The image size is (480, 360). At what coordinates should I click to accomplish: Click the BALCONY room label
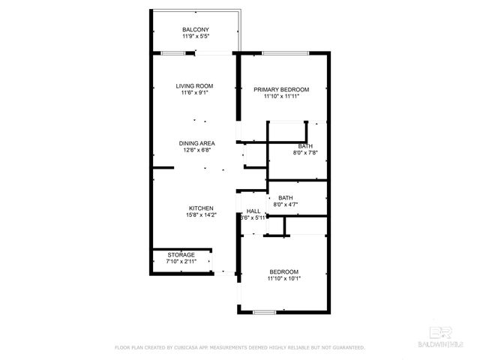[196, 29]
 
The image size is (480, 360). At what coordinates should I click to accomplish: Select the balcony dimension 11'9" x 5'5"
[196, 36]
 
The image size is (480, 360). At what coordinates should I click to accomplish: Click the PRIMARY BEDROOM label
[281, 89]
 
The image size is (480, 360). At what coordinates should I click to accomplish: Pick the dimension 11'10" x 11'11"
[281, 96]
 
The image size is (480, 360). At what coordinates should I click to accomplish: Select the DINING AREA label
[197, 142]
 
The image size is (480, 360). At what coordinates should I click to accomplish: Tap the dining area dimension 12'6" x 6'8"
[197, 149]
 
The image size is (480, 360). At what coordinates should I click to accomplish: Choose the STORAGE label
[181, 255]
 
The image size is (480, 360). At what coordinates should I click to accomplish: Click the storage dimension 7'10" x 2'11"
[181, 262]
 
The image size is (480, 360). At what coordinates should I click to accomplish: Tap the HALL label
[253, 211]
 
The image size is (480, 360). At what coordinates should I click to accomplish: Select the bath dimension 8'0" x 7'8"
[305, 153]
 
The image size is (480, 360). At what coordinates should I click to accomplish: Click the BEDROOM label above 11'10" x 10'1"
[284, 271]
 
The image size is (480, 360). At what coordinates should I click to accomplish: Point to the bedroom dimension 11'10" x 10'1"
[284, 278]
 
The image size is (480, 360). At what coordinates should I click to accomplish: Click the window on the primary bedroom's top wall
[286, 52]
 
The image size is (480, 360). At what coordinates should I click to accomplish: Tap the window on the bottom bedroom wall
[264, 311]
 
